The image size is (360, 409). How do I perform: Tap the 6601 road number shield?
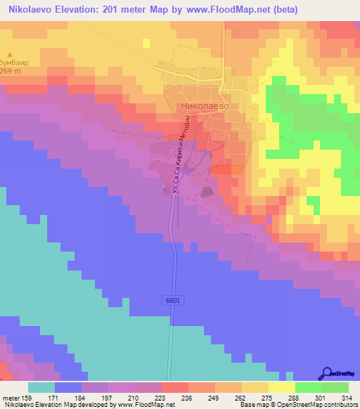[173, 300]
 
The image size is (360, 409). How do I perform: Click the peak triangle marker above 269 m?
[10, 54]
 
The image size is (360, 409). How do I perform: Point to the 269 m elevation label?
[11, 72]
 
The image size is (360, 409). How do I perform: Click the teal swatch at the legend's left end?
[41, 387]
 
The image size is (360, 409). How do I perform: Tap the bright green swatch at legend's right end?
[335, 387]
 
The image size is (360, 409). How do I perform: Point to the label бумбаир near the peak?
[13, 63]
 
